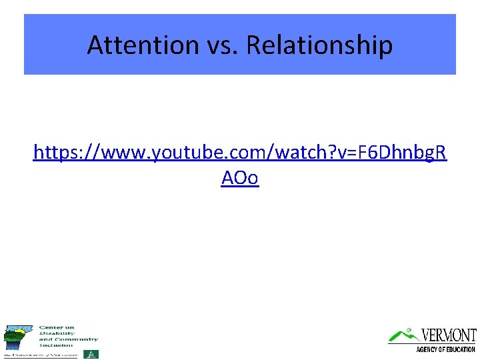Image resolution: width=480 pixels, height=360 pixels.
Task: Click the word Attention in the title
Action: (142, 45)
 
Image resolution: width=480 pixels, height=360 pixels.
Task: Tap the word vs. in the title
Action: (220, 45)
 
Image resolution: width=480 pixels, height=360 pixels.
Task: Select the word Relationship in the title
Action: (319, 45)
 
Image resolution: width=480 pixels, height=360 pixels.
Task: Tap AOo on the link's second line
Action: (240, 179)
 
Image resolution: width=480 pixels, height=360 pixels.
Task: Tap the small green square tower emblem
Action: (94, 354)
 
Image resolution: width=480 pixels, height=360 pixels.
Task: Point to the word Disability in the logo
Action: (56, 333)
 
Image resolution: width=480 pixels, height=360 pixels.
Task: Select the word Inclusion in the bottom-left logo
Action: (56, 345)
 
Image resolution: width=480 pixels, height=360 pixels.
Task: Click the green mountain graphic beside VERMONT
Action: (403, 335)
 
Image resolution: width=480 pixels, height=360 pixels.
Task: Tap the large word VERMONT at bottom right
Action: (449, 335)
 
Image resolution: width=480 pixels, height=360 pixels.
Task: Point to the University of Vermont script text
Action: (40, 355)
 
